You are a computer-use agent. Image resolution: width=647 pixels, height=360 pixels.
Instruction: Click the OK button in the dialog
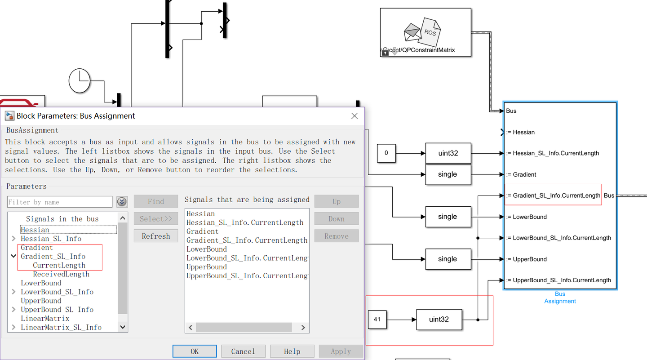click(195, 351)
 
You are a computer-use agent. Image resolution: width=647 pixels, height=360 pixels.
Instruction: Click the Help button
click(292, 351)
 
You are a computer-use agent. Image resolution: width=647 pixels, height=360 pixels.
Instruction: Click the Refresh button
click(156, 236)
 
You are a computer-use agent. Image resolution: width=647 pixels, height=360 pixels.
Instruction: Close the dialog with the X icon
click(355, 116)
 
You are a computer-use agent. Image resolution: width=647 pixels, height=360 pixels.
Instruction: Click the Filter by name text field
click(60, 202)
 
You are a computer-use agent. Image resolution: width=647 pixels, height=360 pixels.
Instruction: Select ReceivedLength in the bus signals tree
click(61, 274)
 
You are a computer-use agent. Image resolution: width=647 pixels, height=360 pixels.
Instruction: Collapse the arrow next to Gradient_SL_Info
click(13, 256)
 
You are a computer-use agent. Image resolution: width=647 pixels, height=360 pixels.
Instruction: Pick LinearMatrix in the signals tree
click(45, 318)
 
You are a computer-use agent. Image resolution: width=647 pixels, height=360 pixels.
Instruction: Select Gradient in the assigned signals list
click(203, 231)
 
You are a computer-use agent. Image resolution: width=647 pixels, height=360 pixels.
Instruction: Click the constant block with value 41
click(377, 320)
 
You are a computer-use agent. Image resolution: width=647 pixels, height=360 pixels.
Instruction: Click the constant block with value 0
click(386, 153)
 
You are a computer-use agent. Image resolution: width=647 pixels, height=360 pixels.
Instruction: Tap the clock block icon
click(80, 81)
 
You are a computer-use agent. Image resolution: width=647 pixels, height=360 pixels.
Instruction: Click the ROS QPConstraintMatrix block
click(425, 32)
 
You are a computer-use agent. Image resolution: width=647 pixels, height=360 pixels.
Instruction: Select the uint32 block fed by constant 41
click(439, 320)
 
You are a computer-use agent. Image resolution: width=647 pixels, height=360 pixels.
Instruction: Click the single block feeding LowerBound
click(448, 217)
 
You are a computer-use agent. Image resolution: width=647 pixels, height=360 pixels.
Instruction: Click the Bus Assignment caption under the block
click(560, 298)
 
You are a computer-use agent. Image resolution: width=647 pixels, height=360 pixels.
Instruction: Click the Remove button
click(336, 236)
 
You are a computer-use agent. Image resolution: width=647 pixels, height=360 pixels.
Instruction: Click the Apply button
click(341, 351)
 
